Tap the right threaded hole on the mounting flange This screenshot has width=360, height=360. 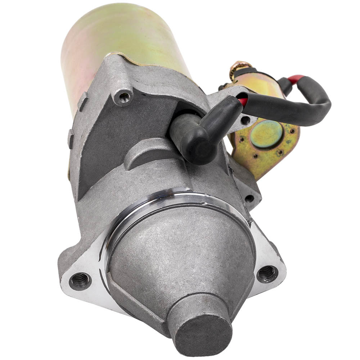tap(267, 274)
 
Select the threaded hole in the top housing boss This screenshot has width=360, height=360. tap(125, 96)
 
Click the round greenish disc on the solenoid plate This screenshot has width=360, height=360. tap(267, 134)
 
